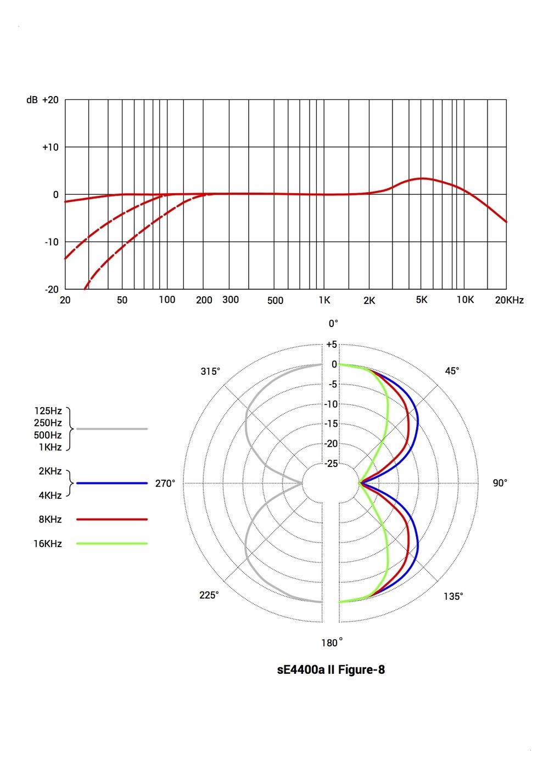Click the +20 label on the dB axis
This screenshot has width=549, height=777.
(50, 100)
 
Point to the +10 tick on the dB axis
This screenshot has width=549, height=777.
(50, 147)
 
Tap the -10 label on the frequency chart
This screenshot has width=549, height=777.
(51, 242)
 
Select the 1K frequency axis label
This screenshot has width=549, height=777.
(324, 300)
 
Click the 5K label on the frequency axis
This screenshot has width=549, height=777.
(422, 300)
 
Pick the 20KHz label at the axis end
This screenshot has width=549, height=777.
(509, 300)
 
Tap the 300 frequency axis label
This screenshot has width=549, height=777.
(231, 300)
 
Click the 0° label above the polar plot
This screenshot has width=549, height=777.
(333, 324)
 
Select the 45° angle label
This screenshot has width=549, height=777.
(452, 371)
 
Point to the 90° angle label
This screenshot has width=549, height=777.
(500, 483)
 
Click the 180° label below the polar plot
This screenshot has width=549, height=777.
(332, 643)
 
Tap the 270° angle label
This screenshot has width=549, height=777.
(165, 483)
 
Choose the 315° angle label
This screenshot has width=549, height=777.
(210, 371)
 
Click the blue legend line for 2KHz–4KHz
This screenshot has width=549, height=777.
(112, 483)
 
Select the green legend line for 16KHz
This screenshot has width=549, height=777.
(112, 544)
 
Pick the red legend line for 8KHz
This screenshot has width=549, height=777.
(112, 519)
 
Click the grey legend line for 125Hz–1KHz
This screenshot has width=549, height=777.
(112, 429)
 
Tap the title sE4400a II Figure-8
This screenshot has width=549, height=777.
(331, 669)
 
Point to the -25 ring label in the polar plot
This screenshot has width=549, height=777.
(331, 464)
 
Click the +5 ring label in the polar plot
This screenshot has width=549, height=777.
(332, 345)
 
